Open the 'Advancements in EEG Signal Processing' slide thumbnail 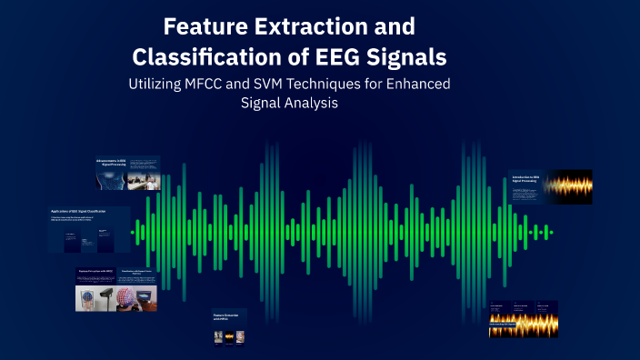[x=128, y=174]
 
